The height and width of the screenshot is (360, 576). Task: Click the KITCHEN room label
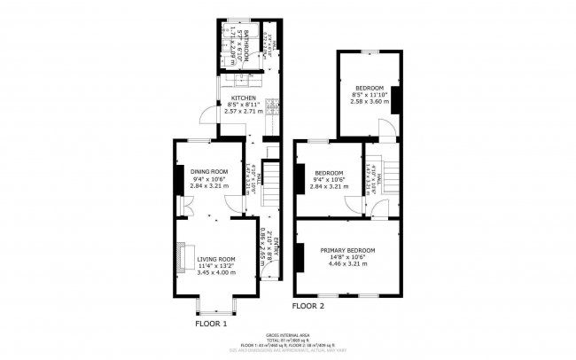244,98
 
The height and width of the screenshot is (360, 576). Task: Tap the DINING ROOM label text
209,171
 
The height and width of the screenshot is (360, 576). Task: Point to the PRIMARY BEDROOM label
347,250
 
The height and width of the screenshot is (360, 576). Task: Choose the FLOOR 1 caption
211,324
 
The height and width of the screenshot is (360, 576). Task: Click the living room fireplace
181,256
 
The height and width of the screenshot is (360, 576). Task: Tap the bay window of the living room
210,308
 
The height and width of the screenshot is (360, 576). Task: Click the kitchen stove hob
272,107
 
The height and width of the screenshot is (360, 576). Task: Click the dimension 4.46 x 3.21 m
347,263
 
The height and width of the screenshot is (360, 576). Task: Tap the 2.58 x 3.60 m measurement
370,103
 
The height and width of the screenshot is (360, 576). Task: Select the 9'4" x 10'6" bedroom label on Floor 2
329,179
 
